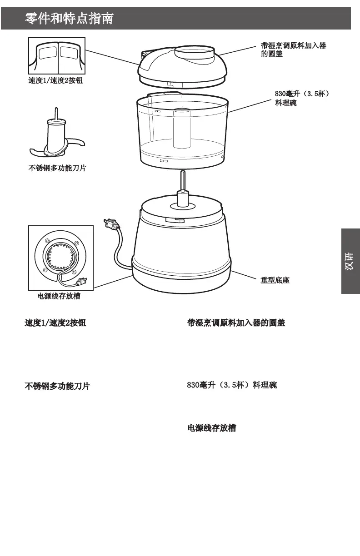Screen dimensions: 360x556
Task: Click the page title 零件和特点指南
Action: (x=69, y=19)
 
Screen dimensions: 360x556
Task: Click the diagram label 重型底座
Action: (x=275, y=280)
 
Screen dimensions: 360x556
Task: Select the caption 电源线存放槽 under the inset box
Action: (x=59, y=296)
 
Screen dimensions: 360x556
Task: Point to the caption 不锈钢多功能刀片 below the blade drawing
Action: (x=57, y=169)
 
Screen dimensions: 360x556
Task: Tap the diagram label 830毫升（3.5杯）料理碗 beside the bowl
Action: (x=301, y=99)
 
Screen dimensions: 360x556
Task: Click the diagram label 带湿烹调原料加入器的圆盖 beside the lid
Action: (x=293, y=50)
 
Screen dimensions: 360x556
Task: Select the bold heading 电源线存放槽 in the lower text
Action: (x=212, y=428)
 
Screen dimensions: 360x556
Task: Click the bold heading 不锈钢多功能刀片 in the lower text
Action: (x=57, y=386)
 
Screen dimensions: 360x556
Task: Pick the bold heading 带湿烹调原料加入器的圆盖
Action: (x=236, y=323)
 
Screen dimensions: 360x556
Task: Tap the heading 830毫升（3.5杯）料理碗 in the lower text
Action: (x=232, y=385)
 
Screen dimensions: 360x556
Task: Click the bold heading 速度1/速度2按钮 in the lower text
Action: (x=55, y=323)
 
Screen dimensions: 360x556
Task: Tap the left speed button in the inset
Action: (x=47, y=53)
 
